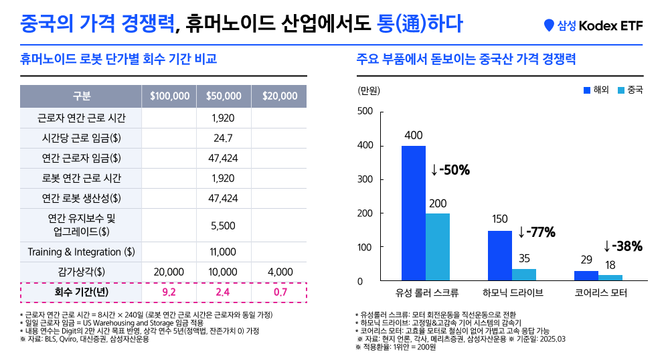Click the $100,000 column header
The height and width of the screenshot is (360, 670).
coord(169,96)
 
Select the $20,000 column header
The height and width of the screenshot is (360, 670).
coord(280,96)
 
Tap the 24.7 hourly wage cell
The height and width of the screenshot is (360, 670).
coord(223,139)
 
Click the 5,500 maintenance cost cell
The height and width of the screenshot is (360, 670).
coord(223,226)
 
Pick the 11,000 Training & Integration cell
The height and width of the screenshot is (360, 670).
coord(223,252)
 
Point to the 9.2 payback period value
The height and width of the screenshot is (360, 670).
coord(169,292)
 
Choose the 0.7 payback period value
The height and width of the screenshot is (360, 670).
coord(280,292)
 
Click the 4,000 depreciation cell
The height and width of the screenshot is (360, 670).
coord(280,272)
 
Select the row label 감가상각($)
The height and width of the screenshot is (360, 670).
coord(81,272)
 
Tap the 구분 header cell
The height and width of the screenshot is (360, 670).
coord(81,96)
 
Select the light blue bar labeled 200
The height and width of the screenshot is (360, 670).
coord(438,247)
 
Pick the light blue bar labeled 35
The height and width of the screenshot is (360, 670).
coord(524,274)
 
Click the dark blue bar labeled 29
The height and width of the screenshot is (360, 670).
coord(586,276)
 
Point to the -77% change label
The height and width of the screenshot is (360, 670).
coord(537,233)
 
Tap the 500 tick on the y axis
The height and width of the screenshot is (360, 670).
coord(365,112)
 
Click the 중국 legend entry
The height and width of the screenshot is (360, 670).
coord(629,90)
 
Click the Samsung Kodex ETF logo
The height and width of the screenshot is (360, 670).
coord(593,25)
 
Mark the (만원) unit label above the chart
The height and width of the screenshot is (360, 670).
coord(369,90)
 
